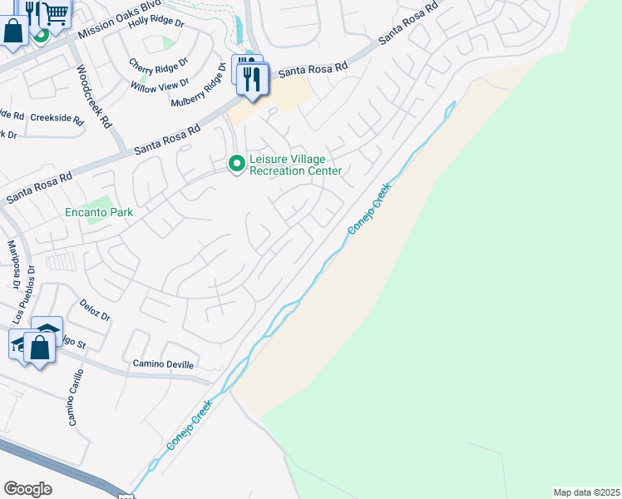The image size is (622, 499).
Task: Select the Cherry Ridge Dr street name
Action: (158, 63)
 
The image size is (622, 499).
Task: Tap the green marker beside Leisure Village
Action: (237, 164)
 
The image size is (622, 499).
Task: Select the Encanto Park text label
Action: (100, 212)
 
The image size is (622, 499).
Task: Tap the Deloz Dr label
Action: (95, 311)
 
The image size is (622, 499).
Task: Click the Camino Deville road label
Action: (163, 364)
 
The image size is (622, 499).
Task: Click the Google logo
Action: (27, 489)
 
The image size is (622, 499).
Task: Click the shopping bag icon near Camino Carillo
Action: (40, 347)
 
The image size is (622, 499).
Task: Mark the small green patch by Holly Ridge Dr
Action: (169, 42)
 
